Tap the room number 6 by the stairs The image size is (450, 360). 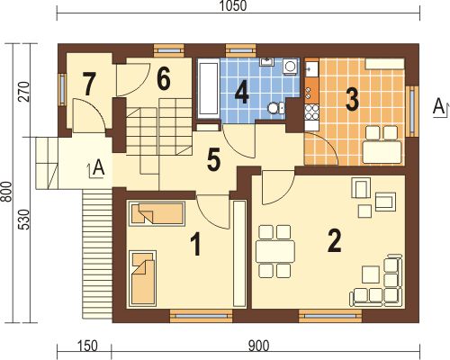tap(164, 79)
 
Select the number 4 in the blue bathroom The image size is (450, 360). tap(242, 94)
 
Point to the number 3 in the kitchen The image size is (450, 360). tap(352, 99)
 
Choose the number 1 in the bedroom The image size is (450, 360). tap(196, 245)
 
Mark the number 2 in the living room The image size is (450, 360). tap(334, 240)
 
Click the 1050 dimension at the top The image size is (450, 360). tap(233, 6)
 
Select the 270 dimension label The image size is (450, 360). tap(24, 92)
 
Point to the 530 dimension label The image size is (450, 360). tap(24, 220)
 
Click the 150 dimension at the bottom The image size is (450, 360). tap(87, 346)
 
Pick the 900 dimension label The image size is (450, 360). tap(258, 346)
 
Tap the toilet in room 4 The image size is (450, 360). tap(275, 108)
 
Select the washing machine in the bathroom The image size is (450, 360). tap(290, 66)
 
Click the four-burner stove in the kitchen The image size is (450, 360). tap(311, 112)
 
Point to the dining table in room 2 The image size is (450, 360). tap(274, 251)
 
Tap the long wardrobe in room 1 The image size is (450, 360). tap(239, 254)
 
